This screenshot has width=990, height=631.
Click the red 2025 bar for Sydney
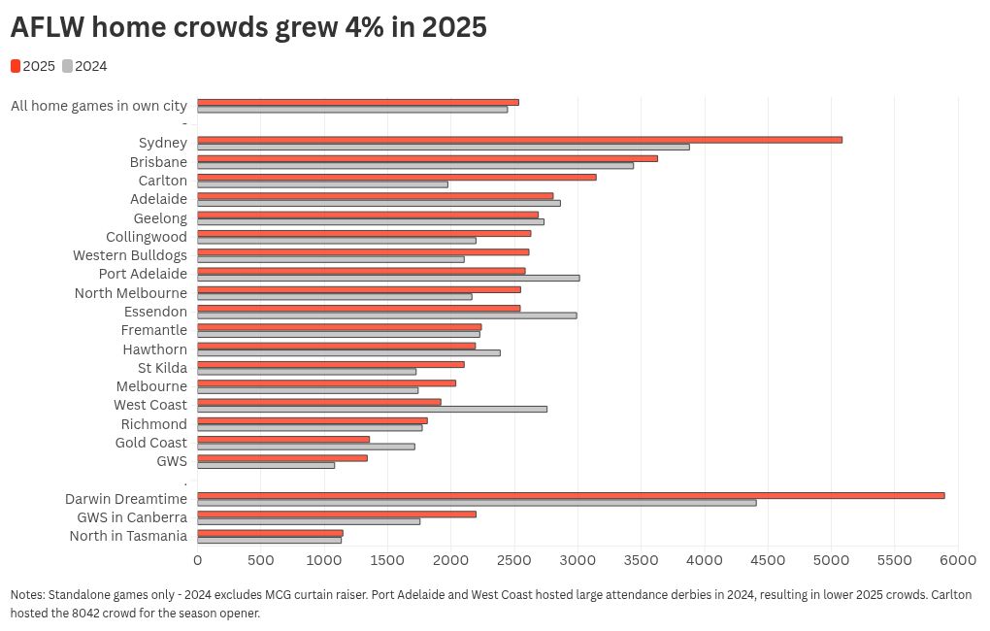pos(519,140)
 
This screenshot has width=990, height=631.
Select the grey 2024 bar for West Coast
pos(372,409)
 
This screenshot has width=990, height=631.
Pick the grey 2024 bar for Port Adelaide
pos(388,278)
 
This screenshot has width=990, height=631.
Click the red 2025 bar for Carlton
pos(397,177)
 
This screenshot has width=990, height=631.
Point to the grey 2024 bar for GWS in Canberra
pos(309,521)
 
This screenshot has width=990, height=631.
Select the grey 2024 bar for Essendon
pos(387,315)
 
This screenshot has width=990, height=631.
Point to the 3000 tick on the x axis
pos(577,560)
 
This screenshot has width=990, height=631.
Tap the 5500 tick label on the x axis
pos(895,560)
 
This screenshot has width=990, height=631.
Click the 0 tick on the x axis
pos(198,560)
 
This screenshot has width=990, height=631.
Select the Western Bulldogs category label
pos(130,255)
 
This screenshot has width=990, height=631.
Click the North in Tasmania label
pos(128,536)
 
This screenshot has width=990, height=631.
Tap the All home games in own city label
pos(99,106)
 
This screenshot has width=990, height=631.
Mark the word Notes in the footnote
pos(27,594)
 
